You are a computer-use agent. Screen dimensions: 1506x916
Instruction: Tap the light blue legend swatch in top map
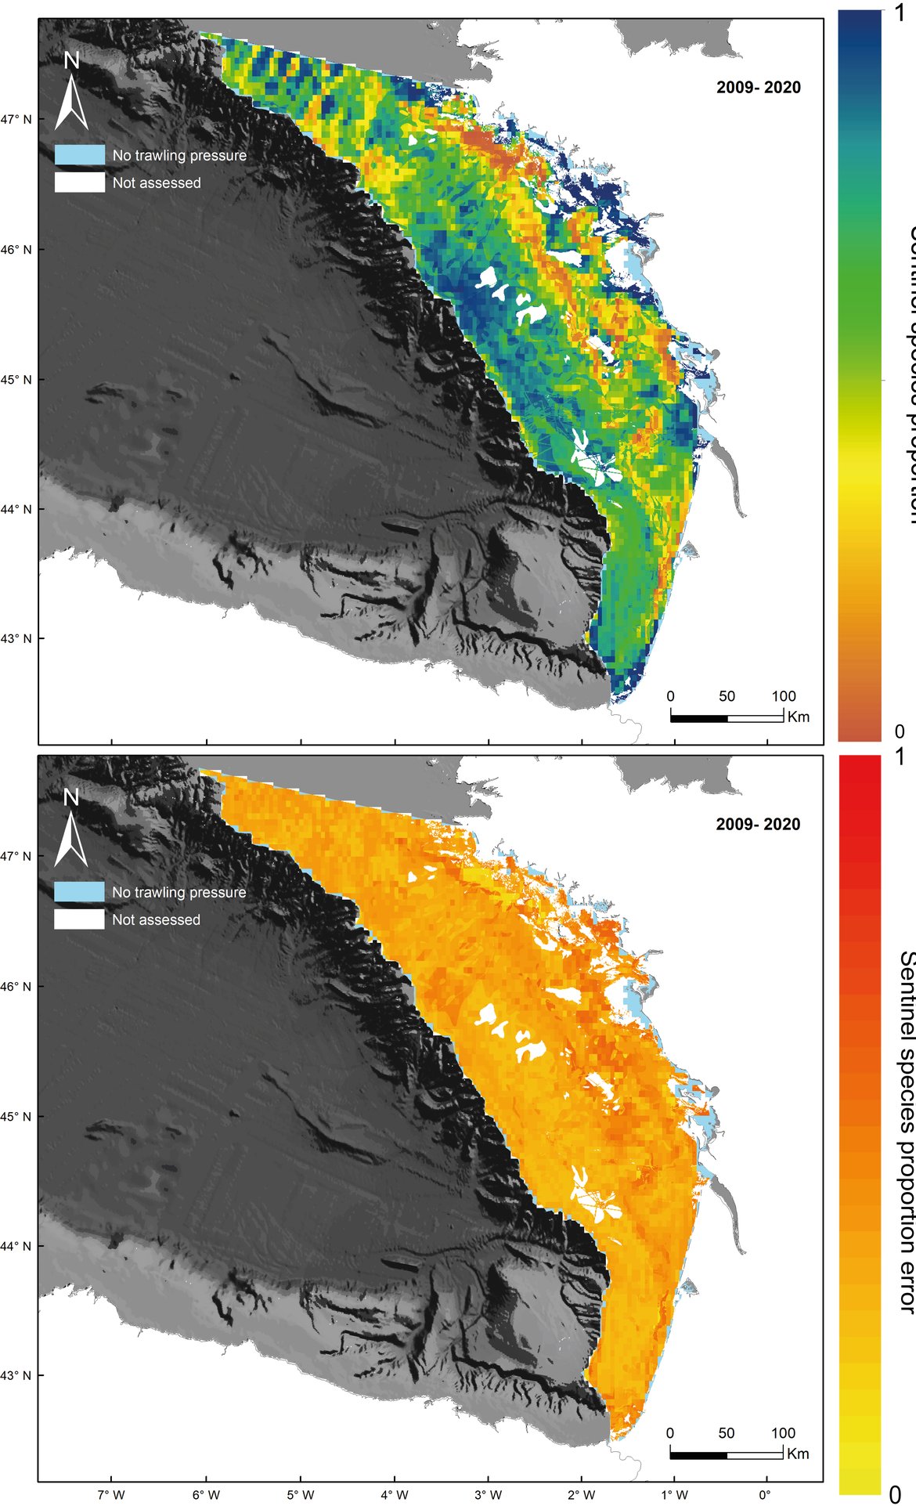(x=80, y=155)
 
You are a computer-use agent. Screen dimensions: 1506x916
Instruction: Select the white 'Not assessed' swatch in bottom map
(x=79, y=919)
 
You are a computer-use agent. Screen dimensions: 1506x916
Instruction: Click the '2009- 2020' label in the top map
(x=758, y=88)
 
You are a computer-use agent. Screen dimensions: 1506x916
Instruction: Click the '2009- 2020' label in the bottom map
(x=758, y=824)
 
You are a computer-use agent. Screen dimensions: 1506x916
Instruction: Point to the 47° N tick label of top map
(x=16, y=120)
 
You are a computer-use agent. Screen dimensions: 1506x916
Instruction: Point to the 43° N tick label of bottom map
(x=16, y=1374)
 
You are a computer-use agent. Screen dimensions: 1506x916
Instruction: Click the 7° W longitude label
(x=111, y=1494)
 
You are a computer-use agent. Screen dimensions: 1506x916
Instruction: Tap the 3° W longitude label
(x=488, y=1494)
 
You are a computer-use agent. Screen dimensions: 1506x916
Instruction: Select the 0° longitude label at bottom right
(x=765, y=1494)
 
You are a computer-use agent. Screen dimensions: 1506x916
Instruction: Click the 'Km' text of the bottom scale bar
(x=798, y=1454)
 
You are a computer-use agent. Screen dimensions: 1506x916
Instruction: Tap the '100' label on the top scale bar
(x=783, y=696)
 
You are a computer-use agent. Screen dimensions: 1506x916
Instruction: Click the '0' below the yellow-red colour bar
(x=894, y=1494)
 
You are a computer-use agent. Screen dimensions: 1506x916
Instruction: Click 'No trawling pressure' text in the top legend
(x=179, y=156)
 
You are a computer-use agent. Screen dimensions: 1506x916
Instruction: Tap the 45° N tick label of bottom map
(x=16, y=1116)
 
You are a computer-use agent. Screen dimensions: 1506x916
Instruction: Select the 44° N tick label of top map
(x=16, y=509)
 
